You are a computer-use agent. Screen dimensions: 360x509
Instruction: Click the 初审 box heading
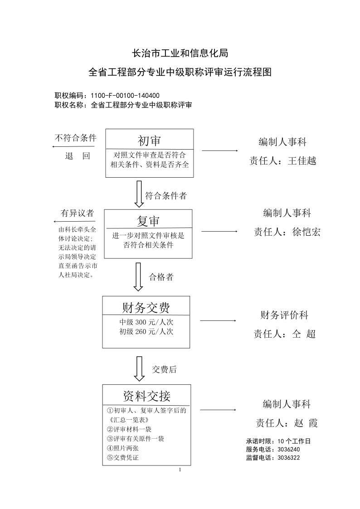[x=149, y=141]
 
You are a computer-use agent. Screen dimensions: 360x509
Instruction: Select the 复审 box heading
[x=148, y=221]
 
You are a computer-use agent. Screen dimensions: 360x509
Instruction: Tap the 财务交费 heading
[x=146, y=308]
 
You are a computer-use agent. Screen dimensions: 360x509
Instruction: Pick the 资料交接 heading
[x=147, y=396]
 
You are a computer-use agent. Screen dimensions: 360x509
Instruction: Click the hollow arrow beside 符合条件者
[x=139, y=194]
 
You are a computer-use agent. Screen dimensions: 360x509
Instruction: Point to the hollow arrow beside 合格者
[x=138, y=277]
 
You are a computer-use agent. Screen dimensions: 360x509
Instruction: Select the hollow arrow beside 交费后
[x=139, y=369]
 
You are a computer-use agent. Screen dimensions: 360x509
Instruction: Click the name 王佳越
[x=302, y=161]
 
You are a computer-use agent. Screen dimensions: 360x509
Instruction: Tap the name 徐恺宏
[x=306, y=232]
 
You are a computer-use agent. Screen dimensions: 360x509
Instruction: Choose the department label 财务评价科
[x=284, y=315]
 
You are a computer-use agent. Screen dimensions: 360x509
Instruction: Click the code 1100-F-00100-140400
[x=125, y=96]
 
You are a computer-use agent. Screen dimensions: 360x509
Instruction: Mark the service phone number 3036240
[x=288, y=450]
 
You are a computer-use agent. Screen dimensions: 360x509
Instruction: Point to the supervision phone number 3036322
[x=288, y=458]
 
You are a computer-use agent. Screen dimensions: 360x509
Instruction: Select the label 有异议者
[x=77, y=213]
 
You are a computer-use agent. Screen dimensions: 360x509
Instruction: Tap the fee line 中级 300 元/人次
[x=146, y=322]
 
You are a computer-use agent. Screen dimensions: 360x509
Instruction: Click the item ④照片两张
[x=123, y=448]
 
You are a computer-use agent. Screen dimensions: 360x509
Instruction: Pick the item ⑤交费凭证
[x=123, y=458]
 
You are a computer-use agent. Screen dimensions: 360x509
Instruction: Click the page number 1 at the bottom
[x=180, y=470]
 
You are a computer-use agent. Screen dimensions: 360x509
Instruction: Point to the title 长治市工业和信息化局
[x=180, y=53]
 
